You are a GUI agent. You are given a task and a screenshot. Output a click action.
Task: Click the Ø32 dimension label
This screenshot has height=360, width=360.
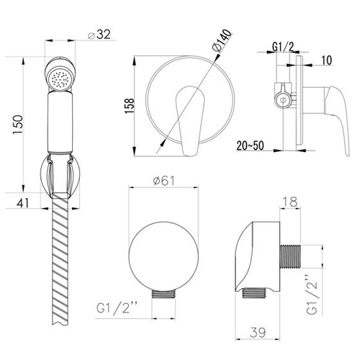[99, 35]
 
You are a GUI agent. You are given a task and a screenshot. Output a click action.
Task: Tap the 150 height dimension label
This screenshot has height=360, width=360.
[18, 125]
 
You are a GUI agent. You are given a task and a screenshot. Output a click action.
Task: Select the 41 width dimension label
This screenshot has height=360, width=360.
[22, 203]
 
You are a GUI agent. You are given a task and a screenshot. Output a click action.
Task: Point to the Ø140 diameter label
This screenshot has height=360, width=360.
[222, 40]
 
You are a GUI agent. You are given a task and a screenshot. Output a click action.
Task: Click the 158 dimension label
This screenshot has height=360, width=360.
[130, 106]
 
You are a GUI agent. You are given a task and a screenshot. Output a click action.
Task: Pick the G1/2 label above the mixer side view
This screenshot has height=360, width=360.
[283, 47]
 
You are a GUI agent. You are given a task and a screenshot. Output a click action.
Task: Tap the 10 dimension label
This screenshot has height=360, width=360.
[326, 60]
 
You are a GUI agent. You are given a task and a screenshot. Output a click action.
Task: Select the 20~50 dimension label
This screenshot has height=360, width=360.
[251, 145]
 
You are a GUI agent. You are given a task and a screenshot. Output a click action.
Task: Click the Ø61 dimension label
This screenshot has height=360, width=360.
[164, 181]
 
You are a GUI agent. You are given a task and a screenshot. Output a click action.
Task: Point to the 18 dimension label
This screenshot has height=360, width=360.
[290, 202]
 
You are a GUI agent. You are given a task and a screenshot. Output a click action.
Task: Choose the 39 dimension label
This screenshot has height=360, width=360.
[258, 333]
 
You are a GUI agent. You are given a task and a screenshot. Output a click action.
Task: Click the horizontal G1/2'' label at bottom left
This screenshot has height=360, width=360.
[117, 308]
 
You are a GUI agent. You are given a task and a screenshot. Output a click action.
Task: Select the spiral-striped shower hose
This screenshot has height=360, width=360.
[60, 259]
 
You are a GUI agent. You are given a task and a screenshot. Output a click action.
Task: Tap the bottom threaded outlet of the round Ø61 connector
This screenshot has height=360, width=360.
[164, 294]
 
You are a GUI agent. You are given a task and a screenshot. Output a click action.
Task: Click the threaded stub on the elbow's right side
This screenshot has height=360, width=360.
[290, 256]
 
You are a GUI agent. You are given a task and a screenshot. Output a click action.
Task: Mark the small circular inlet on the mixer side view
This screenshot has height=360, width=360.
[283, 100]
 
